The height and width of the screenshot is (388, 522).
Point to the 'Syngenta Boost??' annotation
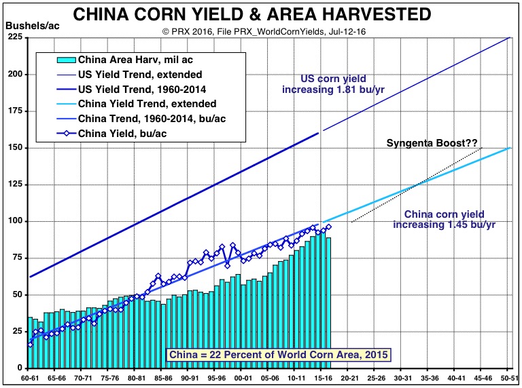432,143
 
